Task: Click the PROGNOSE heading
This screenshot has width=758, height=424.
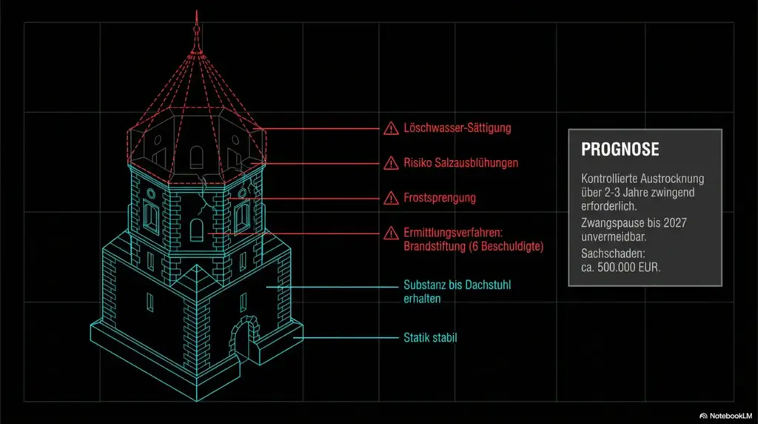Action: tap(620, 149)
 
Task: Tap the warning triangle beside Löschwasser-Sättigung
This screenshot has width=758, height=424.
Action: tap(391, 128)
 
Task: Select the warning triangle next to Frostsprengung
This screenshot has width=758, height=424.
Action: tap(391, 198)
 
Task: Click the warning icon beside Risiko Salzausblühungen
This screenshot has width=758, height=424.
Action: tap(391, 163)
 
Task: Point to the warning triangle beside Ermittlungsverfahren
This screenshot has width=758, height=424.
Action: tap(391, 233)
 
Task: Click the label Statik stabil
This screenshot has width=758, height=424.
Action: tap(430, 337)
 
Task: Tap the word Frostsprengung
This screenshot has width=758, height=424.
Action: tap(440, 198)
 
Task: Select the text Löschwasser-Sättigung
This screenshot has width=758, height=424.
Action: tap(457, 128)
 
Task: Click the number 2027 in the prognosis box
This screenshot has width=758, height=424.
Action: tap(675, 223)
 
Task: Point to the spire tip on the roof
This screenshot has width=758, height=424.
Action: tap(196, 11)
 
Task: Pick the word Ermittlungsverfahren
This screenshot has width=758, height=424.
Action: tap(453, 233)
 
